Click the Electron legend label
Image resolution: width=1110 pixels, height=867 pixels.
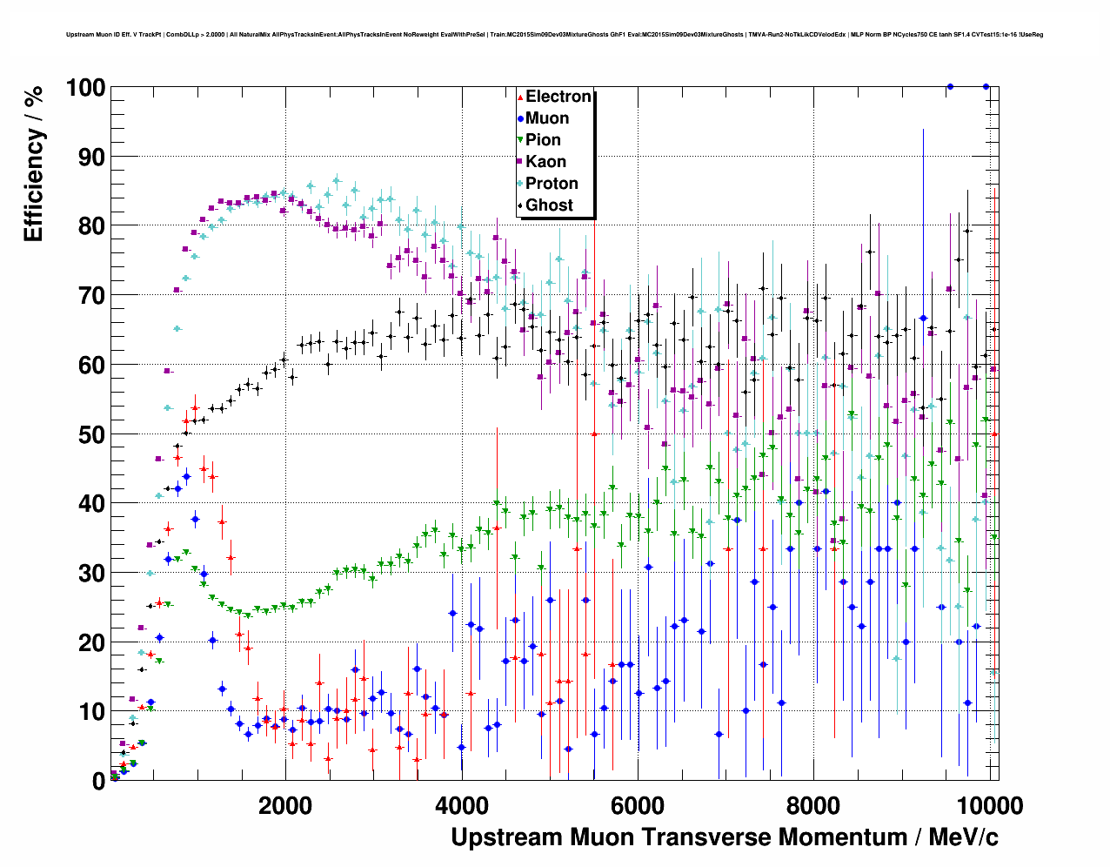tap(558, 97)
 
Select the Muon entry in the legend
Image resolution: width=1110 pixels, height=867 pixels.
tap(547, 118)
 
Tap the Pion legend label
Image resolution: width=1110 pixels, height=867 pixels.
tap(543, 140)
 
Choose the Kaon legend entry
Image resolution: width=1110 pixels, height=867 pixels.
tap(545, 162)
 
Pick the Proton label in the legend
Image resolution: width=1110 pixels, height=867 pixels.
tap(552, 184)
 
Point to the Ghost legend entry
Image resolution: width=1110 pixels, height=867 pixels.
tap(549, 205)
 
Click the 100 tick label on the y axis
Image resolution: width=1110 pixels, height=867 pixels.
tap(85, 88)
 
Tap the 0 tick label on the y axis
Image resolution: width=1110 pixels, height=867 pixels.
tap(99, 781)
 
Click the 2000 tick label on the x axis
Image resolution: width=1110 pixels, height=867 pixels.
tap(285, 805)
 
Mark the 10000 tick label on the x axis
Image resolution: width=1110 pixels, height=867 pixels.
tap(989, 805)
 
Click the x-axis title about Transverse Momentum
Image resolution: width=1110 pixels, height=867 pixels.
tap(724, 837)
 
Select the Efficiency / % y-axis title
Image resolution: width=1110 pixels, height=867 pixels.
tap(33, 164)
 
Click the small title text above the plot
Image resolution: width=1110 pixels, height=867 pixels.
tap(554, 35)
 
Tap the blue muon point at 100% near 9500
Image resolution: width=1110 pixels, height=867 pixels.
tap(950, 86)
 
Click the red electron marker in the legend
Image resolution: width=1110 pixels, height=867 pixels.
tap(519, 97)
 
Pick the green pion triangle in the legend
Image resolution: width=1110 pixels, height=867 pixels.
tap(519, 140)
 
